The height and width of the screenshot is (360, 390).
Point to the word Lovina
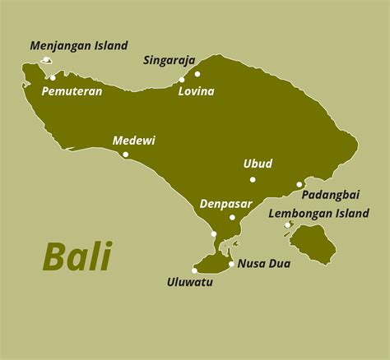pos(197,91)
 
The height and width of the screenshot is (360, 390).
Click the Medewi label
pos(133,141)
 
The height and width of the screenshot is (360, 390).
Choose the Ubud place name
pos(258,164)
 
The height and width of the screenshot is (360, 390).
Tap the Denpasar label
pos(224,203)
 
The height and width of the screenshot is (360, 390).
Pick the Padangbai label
pos(330,195)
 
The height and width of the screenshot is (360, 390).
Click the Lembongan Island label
pos(318,214)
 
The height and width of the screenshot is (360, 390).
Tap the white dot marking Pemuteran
pos(53,78)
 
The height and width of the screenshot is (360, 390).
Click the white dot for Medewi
pos(126,154)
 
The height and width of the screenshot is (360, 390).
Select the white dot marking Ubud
pos(253,179)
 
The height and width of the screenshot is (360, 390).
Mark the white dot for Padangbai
pos(299,185)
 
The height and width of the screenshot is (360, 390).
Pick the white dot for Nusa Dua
pos(231,264)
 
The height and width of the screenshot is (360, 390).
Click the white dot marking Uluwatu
pos(195,270)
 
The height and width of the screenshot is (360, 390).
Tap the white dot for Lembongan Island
pos(287,225)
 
